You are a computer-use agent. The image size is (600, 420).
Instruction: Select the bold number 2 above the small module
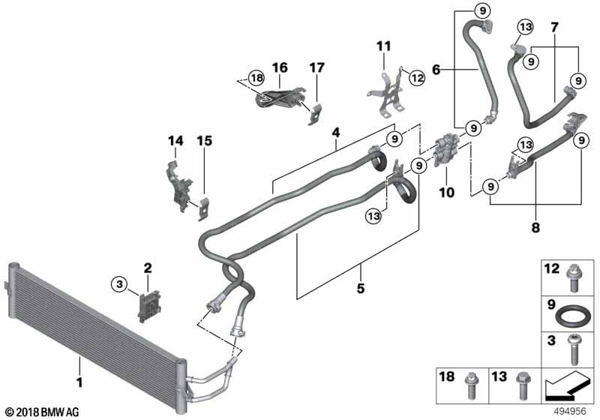pos(148,268)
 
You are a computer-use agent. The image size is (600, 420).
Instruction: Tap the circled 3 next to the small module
pos(118,283)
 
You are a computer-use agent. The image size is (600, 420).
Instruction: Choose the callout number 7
pos(554,28)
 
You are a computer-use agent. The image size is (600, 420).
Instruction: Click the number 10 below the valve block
pos(446,193)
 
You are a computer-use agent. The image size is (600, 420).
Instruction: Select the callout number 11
pos(383,47)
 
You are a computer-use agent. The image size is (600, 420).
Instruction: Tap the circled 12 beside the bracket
pos(417,76)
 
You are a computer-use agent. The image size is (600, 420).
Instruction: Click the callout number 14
pos(175,140)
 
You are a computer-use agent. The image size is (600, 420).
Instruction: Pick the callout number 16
pos(279,68)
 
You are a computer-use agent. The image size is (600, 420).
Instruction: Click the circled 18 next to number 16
pos(255,77)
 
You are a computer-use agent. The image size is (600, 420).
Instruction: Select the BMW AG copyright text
pos(41,412)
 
